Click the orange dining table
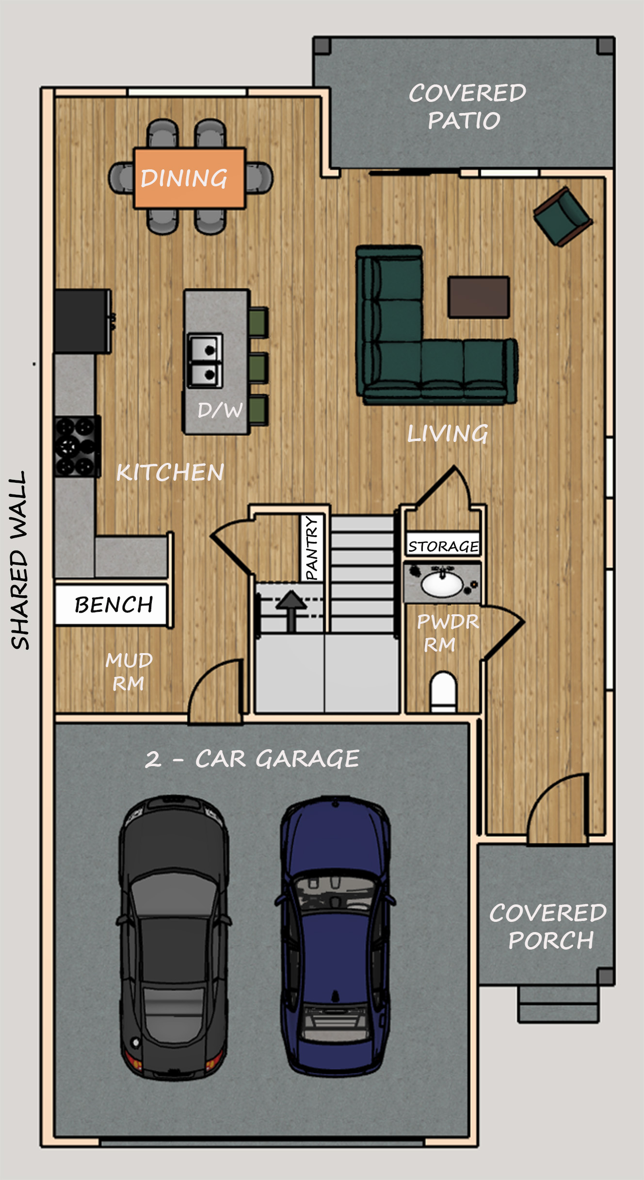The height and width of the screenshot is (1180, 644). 189,178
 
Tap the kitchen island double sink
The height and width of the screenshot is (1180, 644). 205,361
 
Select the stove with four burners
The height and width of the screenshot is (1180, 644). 77,447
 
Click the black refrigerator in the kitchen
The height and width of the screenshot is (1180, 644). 82,321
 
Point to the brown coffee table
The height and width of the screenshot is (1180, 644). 479,297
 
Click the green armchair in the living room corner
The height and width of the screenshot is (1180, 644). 563,215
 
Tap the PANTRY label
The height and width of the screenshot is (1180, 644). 312,548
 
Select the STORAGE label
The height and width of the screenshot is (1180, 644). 443,546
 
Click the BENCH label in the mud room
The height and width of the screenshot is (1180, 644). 113,605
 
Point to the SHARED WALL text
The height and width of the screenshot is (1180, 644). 19,560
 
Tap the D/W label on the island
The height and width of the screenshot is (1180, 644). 220,410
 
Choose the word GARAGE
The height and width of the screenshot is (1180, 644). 307,759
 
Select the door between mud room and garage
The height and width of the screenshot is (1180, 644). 215,692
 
